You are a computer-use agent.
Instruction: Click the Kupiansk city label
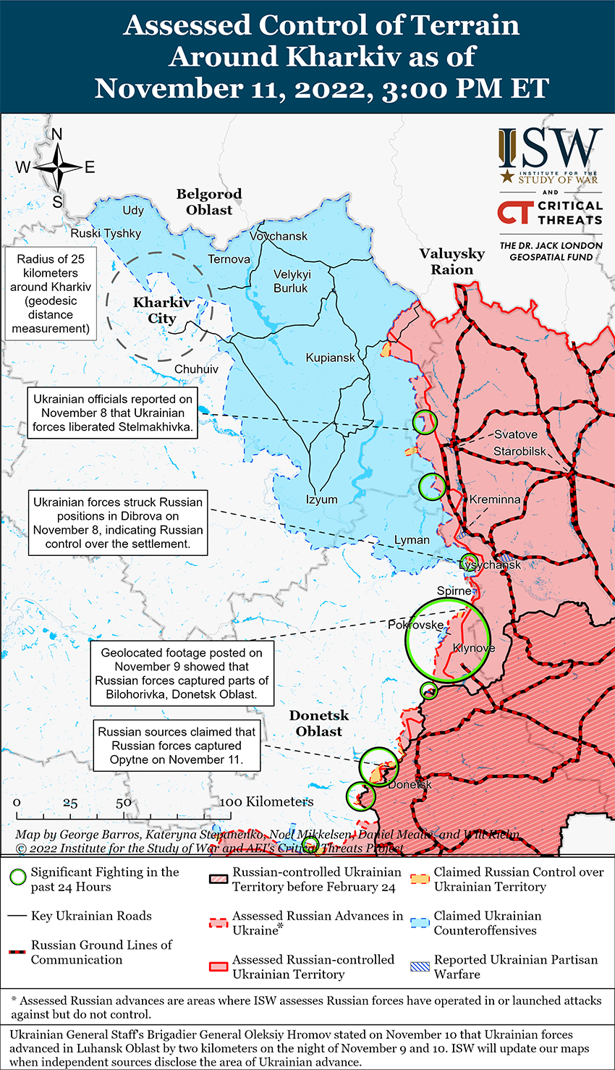click(331, 358)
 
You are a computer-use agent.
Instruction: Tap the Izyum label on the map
click(321, 500)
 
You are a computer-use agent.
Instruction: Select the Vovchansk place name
click(279, 236)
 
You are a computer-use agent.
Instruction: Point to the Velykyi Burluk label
click(292, 281)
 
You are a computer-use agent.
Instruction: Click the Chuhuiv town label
click(196, 369)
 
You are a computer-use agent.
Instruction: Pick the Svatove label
click(516, 434)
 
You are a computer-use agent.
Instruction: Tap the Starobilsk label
click(520, 451)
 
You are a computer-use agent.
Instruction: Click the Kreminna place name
click(495, 500)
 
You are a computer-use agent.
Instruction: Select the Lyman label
click(412, 540)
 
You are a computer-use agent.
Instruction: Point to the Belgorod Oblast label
click(209, 202)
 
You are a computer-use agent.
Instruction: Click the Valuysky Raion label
click(452, 261)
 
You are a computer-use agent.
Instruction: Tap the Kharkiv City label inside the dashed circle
click(162, 310)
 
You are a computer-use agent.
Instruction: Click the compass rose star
click(58, 167)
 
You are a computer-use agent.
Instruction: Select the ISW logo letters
click(550, 148)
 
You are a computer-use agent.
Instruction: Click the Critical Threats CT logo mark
click(514, 212)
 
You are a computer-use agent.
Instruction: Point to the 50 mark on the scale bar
click(124, 802)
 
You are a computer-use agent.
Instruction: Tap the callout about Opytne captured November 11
click(177, 746)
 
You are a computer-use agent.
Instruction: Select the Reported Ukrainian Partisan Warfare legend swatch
click(420, 966)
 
